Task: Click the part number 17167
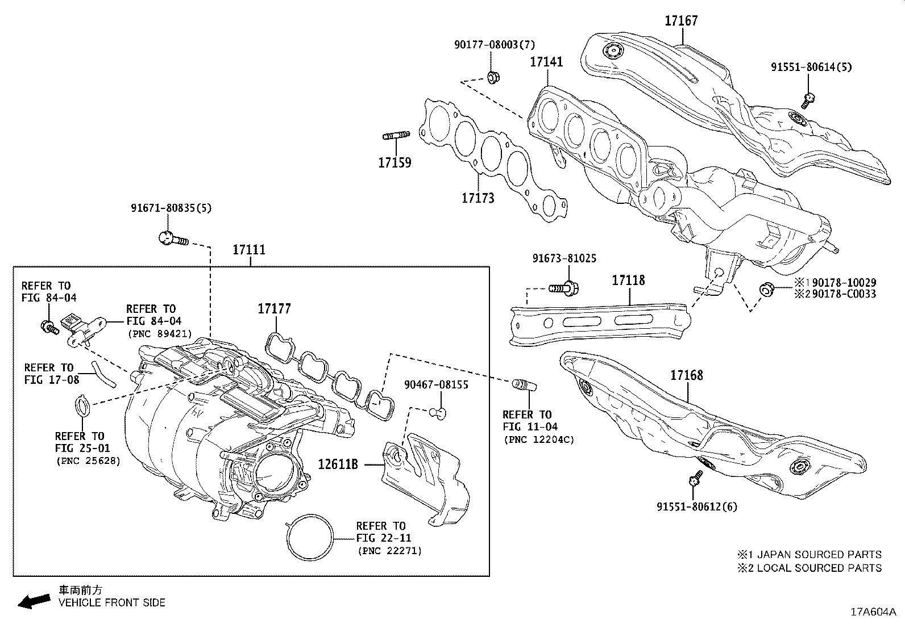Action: coord(681,21)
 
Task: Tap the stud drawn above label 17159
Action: coord(396,136)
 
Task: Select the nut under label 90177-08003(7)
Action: coord(493,76)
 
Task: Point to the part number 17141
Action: coord(546,62)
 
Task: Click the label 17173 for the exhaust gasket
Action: coord(478,198)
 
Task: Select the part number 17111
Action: coord(249,250)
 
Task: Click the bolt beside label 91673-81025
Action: coord(564,288)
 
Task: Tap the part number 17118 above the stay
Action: coord(628,280)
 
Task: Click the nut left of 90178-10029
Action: coord(766,290)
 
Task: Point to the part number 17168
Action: coord(686,375)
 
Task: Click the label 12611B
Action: coord(338,464)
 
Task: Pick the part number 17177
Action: coord(274,309)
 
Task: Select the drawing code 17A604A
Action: coord(872,612)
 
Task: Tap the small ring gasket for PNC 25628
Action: coord(82,406)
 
